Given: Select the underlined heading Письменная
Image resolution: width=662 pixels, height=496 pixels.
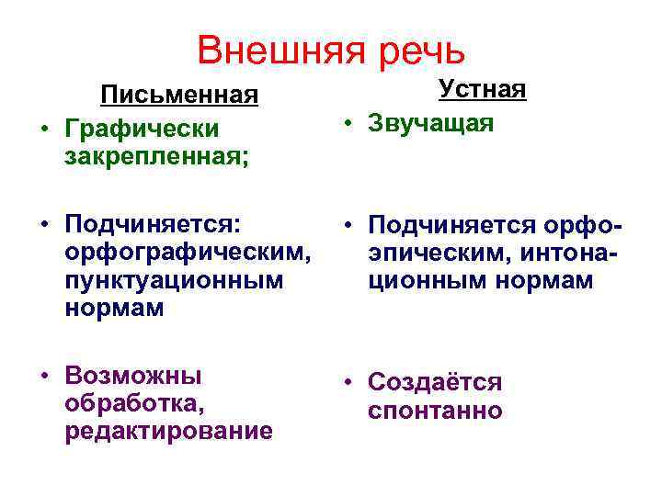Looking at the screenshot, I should tap(178, 95).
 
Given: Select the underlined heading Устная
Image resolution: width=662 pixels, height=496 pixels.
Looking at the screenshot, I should tap(482, 90).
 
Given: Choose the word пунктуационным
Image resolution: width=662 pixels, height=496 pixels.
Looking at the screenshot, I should tap(174, 279).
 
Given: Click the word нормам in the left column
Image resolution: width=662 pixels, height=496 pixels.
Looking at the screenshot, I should tap(115, 309).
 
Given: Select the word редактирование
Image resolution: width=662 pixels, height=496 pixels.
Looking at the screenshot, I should tap(168, 432).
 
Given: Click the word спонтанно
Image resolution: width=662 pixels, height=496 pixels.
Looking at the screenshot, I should tap(435, 410).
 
